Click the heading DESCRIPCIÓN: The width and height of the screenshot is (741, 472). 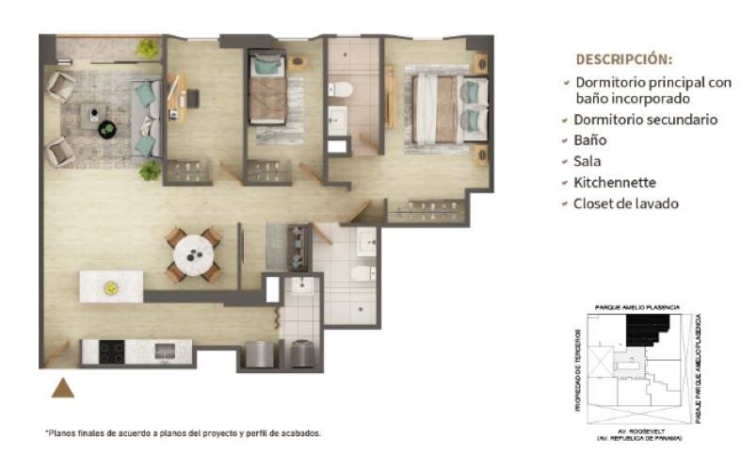pyautogui.click(x=624, y=59)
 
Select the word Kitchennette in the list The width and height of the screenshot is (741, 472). pyautogui.click(x=614, y=183)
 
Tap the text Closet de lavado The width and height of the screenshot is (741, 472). pyautogui.click(x=626, y=203)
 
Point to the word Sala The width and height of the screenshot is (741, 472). pyautogui.click(x=587, y=161)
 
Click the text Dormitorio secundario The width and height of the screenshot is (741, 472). pyautogui.click(x=646, y=120)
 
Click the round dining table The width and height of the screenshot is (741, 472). pyautogui.click(x=194, y=255)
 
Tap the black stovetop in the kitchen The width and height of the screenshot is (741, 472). pyautogui.click(x=112, y=351)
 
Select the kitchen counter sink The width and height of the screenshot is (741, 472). pyautogui.click(x=165, y=351)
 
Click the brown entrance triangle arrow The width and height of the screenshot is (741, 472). pyautogui.click(x=63, y=389)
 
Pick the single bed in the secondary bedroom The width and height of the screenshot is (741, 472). pyautogui.click(x=267, y=88)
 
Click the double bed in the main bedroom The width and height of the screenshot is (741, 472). pyautogui.click(x=450, y=109)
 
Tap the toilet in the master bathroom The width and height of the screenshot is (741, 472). pyautogui.click(x=341, y=89)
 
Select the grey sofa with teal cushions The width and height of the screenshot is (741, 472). pyautogui.click(x=146, y=118)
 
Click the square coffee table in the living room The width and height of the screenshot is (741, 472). pyautogui.click(x=93, y=115)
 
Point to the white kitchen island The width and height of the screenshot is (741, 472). pyautogui.click(x=111, y=286)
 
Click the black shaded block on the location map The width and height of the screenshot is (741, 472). pyautogui.click(x=647, y=330)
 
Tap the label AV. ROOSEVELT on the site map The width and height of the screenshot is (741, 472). pyautogui.click(x=637, y=431)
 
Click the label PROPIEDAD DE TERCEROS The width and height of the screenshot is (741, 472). pyautogui.click(x=578, y=370)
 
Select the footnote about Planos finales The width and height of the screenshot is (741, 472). pyautogui.click(x=183, y=432)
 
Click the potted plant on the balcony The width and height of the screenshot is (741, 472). pyautogui.click(x=148, y=49)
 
